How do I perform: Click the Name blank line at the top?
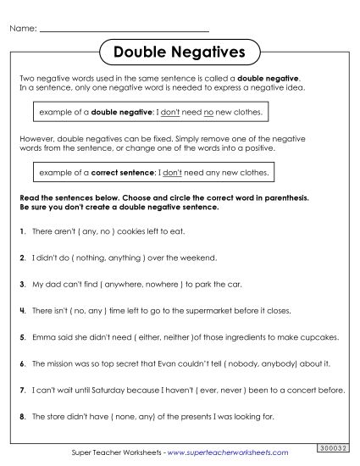124,30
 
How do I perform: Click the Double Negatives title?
179,53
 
